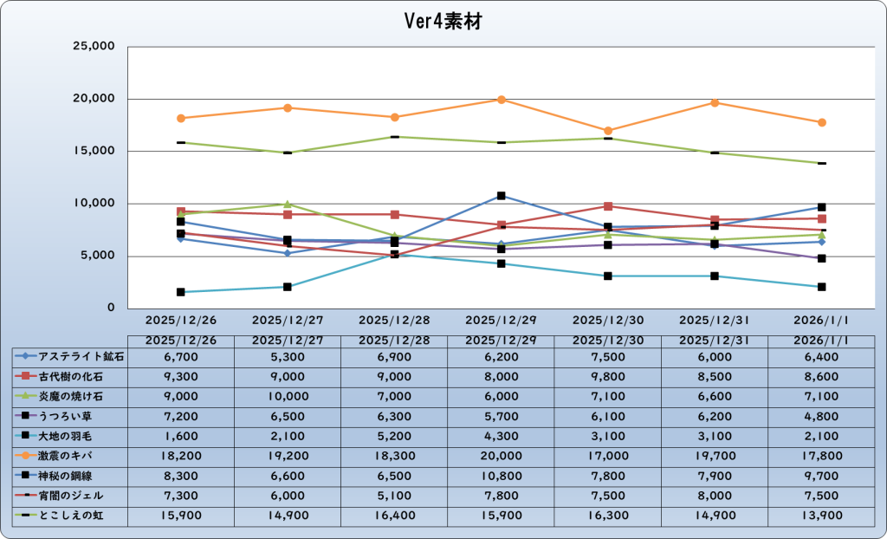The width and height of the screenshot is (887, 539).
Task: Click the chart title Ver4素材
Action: coord(443,22)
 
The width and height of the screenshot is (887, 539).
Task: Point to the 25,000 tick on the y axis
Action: coord(91,46)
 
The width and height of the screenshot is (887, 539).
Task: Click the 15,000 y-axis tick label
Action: coord(91,151)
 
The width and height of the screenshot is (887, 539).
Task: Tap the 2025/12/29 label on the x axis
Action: coord(500,320)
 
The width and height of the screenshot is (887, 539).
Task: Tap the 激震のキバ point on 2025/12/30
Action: coord(608,131)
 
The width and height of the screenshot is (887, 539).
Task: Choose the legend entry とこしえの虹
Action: coord(71,516)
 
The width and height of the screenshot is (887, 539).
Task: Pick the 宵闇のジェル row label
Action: coord(71,496)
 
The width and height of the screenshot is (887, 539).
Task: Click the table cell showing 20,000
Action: coord(501,456)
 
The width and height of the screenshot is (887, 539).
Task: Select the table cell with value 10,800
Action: coord(501,476)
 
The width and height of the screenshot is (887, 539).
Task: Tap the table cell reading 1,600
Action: coord(181,436)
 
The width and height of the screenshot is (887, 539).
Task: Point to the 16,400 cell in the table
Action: coord(394,516)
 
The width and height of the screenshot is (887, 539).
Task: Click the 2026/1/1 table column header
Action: coord(822,340)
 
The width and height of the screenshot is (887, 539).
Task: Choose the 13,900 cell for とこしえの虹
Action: coord(822,516)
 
